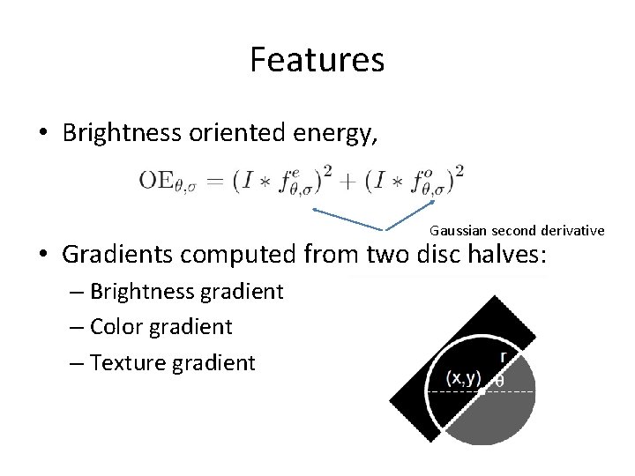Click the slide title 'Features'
[317, 60]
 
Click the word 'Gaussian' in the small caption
[455, 231]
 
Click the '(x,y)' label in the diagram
[462, 379]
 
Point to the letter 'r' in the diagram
[504, 356]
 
